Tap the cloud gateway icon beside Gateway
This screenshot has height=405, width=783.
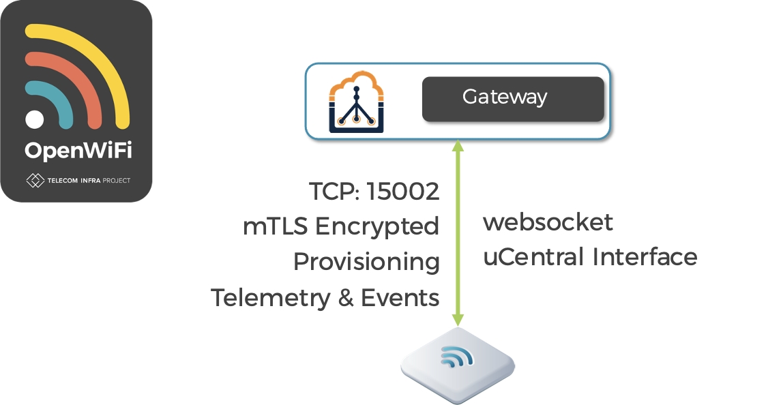[x=356, y=101]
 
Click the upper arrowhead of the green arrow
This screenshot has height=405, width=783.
[x=458, y=146]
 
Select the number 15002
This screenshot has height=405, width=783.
[x=402, y=192]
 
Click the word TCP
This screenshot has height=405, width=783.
[x=332, y=192]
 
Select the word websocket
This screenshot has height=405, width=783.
[x=548, y=222]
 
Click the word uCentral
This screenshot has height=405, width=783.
[x=534, y=257]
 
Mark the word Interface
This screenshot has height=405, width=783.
[x=645, y=257]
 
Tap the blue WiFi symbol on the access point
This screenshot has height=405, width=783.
[x=455, y=356]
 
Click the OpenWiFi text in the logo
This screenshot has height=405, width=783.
[x=76, y=150]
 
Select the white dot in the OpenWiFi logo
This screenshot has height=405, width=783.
[x=35, y=119]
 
